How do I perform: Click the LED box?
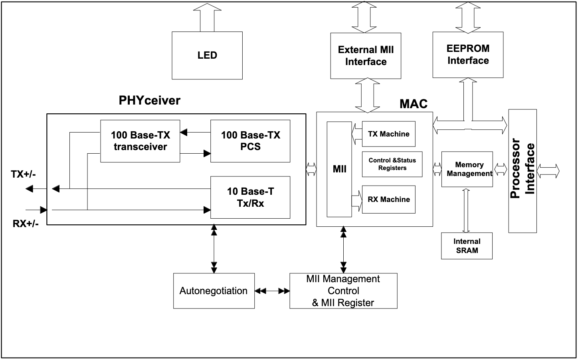point(207,55)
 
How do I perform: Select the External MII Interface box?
point(366,56)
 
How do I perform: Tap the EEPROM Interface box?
point(468,55)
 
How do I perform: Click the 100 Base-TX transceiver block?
point(140,141)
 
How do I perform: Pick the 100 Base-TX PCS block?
point(250,141)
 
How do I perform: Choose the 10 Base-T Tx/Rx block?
point(250,198)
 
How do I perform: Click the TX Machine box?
point(389,134)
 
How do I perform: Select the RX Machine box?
point(389,200)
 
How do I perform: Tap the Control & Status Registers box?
point(392,164)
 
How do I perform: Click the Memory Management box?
point(467,169)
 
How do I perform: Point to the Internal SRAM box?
point(467,246)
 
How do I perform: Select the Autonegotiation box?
point(214,291)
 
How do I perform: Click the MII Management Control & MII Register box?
point(343,291)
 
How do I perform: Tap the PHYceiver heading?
point(149,101)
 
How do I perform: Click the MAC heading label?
point(414,104)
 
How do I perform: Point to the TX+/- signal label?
point(23,174)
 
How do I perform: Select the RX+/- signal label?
point(26,224)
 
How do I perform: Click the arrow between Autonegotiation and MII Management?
point(272,291)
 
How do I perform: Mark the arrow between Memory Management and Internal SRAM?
point(466,211)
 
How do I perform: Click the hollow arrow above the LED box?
point(207,18)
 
